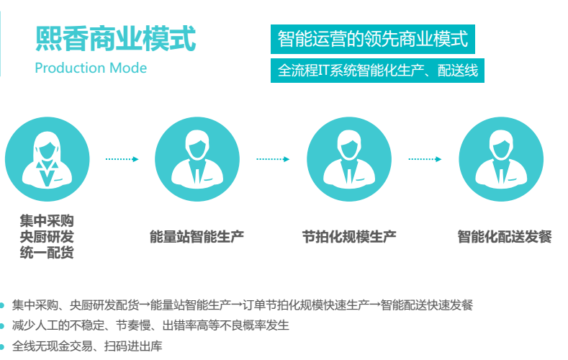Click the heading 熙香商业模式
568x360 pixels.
tap(115, 39)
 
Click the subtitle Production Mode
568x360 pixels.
tap(91, 68)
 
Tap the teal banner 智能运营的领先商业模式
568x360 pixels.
tap(372, 40)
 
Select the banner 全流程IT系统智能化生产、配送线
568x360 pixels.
tap(377, 71)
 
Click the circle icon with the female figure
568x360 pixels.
tap(48, 158)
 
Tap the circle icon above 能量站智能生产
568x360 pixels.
tap(197, 158)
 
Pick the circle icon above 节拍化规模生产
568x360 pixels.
tap(349, 158)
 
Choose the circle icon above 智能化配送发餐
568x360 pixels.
tap(502, 158)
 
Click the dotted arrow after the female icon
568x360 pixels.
tap(122, 159)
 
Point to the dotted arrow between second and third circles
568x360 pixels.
tap(274, 159)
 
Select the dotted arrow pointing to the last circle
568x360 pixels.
tap(425, 159)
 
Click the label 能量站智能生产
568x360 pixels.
tap(197, 236)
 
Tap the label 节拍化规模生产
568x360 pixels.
tap(349, 236)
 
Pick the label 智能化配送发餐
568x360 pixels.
tap(505, 236)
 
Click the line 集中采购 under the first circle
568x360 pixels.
tap(47, 220)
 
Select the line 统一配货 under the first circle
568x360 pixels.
tap(47, 253)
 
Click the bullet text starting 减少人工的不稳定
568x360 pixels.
tap(150, 325)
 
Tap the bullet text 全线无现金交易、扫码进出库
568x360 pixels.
tap(87, 346)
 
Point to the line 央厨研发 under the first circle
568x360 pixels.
tap(47, 236)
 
